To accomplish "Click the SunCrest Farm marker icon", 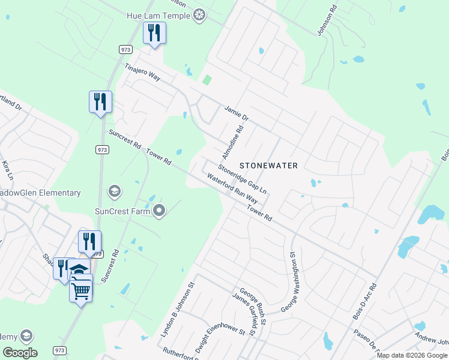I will [159, 211].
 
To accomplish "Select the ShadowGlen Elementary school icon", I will [113, 191].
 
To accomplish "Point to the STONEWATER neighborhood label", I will [269, 164].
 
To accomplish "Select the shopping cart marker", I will [80, 290].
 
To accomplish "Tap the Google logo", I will [20, 352].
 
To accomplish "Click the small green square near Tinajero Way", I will [208, 80].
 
